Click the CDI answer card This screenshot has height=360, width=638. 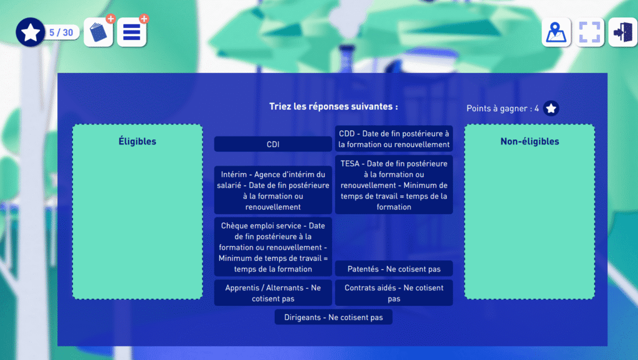273,144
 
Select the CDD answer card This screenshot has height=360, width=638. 394,139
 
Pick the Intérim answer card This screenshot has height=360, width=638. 273,191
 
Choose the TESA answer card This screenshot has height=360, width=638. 394,185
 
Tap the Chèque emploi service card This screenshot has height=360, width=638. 273,247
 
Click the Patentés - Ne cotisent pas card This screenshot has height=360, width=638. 394,269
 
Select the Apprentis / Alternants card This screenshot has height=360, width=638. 273,293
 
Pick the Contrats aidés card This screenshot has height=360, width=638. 394,293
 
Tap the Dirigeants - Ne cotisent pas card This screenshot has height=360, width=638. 334,317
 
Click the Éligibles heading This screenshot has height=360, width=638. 138,141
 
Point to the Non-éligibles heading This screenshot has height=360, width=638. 530,141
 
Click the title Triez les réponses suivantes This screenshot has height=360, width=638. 334,107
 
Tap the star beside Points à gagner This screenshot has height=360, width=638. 551,108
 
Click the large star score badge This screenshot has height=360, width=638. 30,32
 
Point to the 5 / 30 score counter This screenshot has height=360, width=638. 62,32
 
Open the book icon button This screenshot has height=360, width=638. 98,32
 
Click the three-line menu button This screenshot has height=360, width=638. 132,32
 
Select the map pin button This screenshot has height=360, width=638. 556,32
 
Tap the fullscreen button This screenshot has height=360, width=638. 589,32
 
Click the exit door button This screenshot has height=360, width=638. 623,32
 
